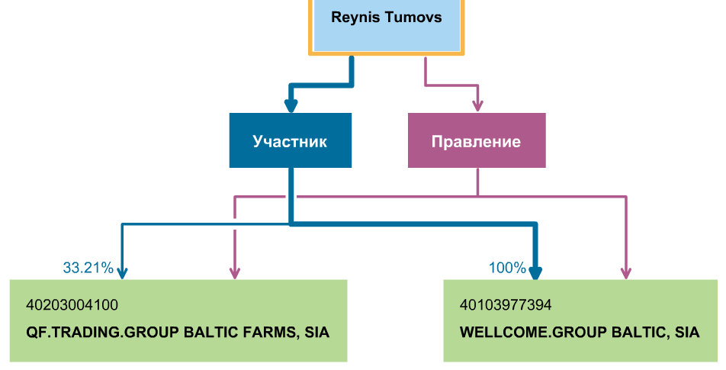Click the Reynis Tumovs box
pos(386,26)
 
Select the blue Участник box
pos(290,140)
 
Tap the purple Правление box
pos(476,140)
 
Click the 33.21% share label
pos(88,268)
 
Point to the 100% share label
pos(507,268)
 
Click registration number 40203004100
pos(72,305)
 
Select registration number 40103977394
pos(505,305)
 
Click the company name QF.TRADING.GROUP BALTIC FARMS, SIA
pos(178,333)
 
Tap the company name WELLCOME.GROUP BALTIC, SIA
pos(579,333)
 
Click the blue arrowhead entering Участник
pos(291,106)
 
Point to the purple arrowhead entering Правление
pos(477,106)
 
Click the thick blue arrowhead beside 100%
pos(536,272)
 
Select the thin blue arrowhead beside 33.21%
pos(123,272)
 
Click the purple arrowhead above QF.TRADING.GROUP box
pos(234,272)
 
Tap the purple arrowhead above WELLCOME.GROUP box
pos(627,272)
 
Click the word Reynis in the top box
pos(357,17)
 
